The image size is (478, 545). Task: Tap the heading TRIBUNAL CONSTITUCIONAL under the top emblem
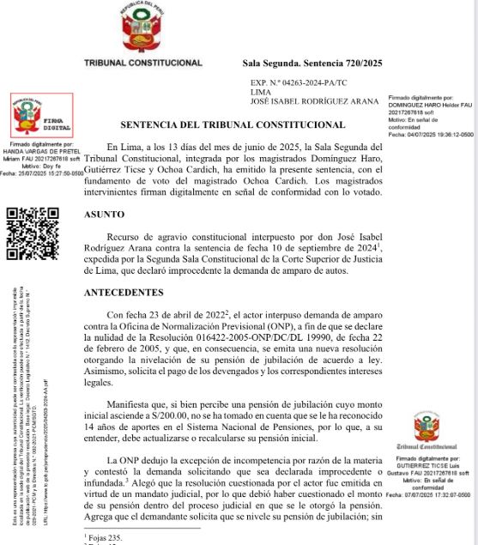point(143,63)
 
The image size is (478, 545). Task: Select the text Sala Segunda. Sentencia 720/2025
point(312,64)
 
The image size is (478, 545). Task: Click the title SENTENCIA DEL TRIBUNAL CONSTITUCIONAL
point(233,125)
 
